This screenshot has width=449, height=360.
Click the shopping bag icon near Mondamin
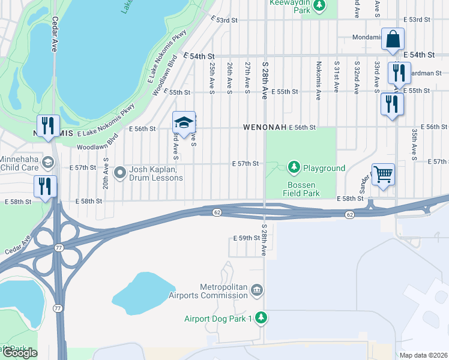point(392,40)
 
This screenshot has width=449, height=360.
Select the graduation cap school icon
point(184,123)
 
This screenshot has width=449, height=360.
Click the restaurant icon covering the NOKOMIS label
point(48,126)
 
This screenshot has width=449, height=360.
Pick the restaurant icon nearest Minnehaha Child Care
point(46,187)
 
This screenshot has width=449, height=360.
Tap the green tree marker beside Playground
point(294,167)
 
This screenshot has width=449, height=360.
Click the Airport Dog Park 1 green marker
point(261,317)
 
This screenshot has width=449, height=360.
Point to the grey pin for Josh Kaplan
point(119,173)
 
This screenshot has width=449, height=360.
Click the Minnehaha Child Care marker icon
point(48,161)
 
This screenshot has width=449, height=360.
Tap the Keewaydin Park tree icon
point(320,5)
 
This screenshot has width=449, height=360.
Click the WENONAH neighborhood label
point(264,128)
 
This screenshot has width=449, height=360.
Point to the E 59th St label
point(247,238)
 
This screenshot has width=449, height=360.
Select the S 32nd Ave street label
point(357,77)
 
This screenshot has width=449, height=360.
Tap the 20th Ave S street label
point(106,173)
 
